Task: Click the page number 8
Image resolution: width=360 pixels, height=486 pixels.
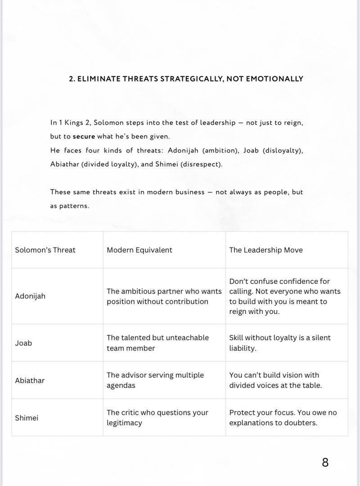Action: point(325,462)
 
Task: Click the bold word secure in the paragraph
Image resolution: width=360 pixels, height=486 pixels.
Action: point(84,136)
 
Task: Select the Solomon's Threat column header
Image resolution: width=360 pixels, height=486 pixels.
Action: point(45,250)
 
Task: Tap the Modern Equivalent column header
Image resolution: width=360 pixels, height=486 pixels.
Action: point(139,250)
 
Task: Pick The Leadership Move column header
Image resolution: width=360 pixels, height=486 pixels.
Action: point(266,250)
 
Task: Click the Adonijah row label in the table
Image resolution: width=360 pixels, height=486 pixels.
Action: point(30,296)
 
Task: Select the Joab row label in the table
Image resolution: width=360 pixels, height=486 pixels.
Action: point(23,343)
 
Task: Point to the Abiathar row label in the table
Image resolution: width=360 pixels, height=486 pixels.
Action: point(30,380)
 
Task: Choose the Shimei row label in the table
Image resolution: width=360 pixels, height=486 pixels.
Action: point(27,418)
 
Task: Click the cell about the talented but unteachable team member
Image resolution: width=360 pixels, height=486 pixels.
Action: point(157,343)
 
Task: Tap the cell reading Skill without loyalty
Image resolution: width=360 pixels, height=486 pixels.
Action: point(280,343)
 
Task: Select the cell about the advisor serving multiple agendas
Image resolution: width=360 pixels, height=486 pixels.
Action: point(155,380)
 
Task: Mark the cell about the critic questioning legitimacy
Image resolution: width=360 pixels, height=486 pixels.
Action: point(157,418)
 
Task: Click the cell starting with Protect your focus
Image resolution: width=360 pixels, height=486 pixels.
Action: point(283,418)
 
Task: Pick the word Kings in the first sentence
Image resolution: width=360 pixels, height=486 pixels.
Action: point(74,122)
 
